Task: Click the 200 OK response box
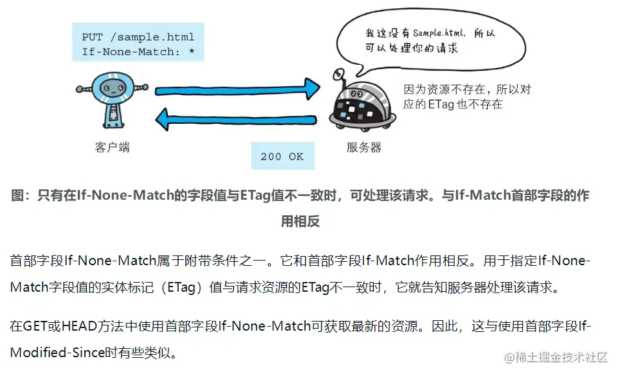282,156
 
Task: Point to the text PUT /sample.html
138,37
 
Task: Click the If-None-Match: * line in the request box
138,51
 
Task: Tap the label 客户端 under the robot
112,147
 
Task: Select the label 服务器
363,147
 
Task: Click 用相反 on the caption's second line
300,221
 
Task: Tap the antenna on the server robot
337,76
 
